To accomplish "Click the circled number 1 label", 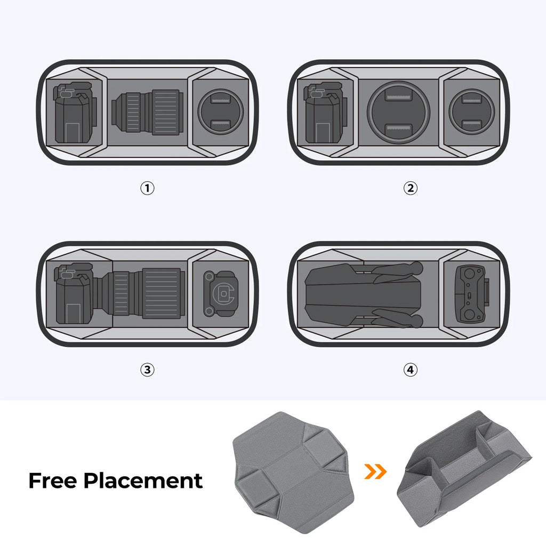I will point(147,188).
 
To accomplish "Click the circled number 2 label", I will point(410,188).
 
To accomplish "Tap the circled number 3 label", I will point(147,370).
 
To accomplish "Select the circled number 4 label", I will point(410,370).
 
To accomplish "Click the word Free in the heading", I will point(53,480).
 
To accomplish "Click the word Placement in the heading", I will point(143,481).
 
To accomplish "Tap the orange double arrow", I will point(375,471).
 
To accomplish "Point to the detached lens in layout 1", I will point(147,112).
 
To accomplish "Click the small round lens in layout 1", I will point(220,112).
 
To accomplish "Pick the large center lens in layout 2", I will point(395,112).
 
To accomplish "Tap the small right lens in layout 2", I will point(471,112).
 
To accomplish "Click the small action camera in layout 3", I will point(221,294).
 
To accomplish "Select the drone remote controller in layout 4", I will point(471,294).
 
